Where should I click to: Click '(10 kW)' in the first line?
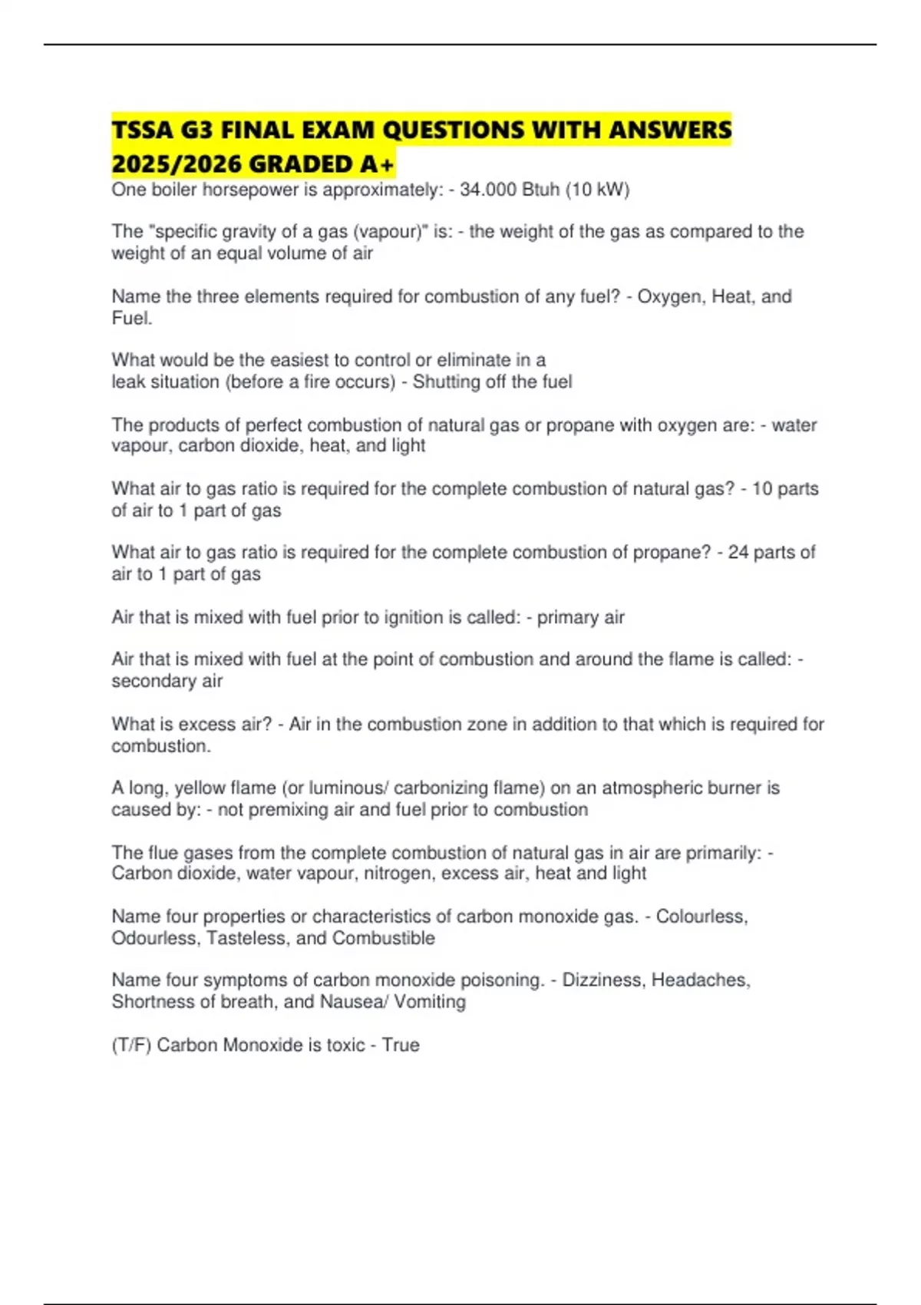pos(597,190)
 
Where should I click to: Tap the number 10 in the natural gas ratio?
pos(762,489)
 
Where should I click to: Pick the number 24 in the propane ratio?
pos(738,552)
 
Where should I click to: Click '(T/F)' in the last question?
pos(131,1045)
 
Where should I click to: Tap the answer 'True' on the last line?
pos(401,1045)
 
